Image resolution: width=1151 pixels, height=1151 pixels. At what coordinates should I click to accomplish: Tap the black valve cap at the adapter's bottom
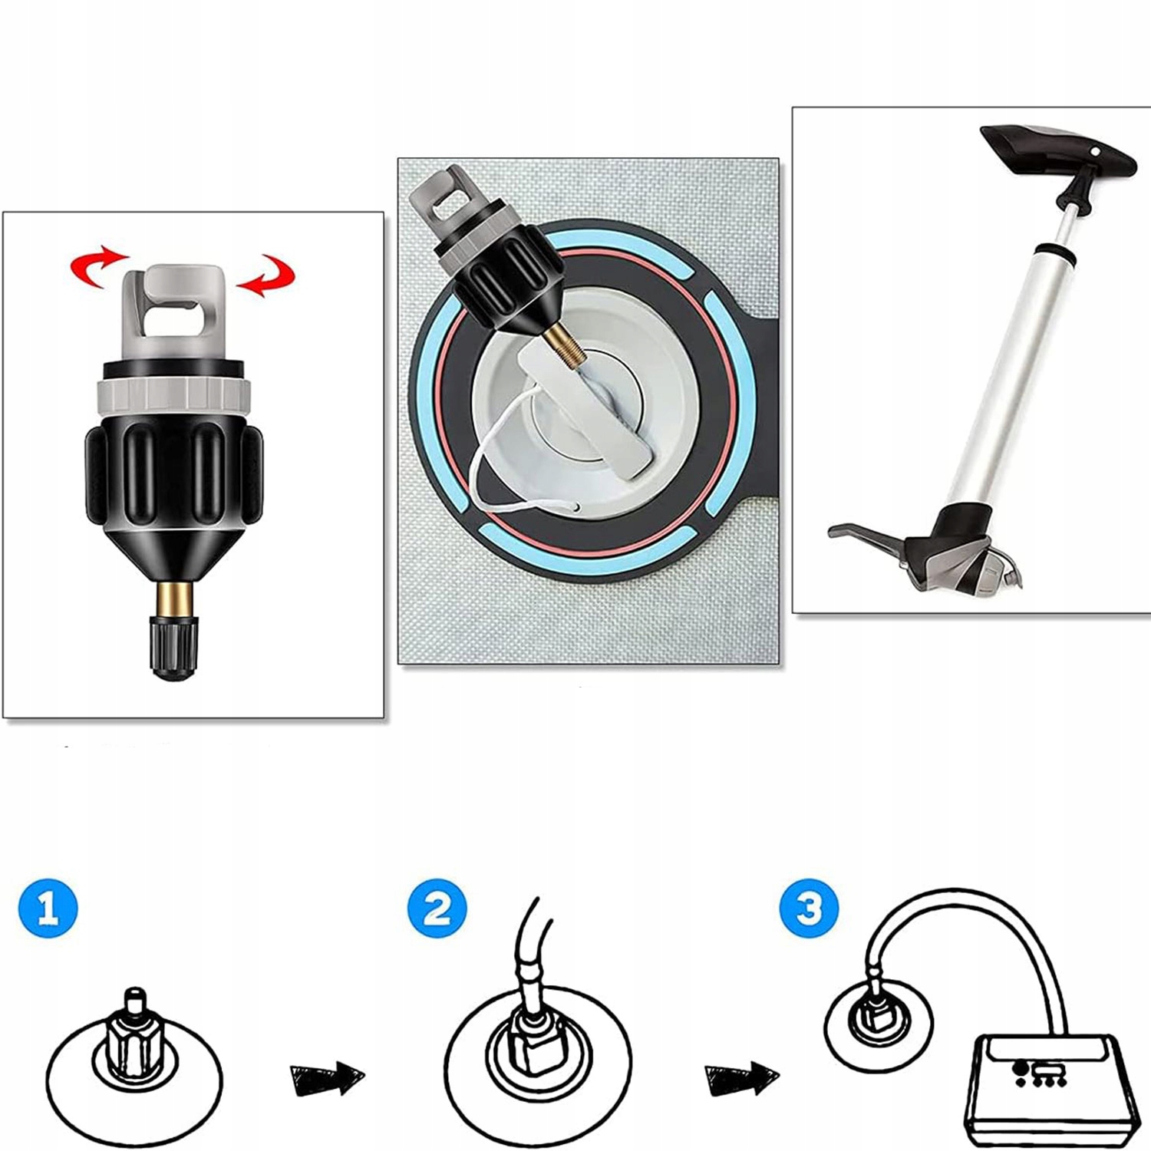173,649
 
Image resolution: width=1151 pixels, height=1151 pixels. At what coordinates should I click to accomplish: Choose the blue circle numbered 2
437,909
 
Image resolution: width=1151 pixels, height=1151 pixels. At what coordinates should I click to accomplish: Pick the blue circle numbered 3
809,909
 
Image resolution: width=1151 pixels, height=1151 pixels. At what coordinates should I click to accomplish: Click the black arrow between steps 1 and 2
327,1079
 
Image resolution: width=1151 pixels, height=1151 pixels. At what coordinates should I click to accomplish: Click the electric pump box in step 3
1051,1089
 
